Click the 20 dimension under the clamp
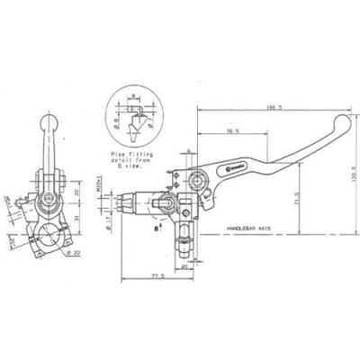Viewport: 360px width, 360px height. [183, 266]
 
